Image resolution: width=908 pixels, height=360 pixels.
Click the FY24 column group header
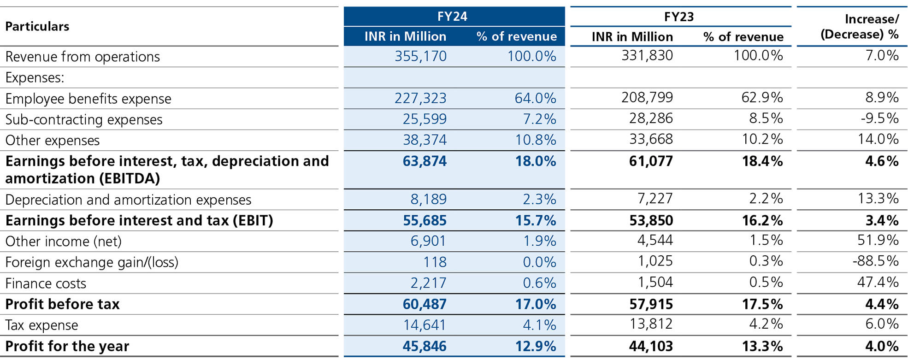(452, 17)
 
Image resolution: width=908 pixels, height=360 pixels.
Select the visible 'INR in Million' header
(405, 36)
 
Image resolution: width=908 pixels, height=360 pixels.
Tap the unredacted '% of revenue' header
(516, 36)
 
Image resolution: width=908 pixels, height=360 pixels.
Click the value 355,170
(420, 56)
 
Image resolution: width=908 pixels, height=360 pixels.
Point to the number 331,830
(647, 56)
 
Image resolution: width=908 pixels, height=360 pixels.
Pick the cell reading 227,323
(420, 98)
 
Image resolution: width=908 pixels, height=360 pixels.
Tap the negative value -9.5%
(879, 118)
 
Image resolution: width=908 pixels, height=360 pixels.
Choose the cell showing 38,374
(425, 140)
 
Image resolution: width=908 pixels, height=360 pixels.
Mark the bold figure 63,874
(424, 161)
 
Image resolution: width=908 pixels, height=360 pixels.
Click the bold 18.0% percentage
(535, 161)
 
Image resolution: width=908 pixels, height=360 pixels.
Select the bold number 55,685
(424, 221)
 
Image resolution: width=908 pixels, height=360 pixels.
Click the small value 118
(435, 262)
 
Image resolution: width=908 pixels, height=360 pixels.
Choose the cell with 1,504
(655, 282)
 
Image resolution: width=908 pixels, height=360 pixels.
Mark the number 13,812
(651, 324)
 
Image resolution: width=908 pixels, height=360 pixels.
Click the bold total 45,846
(424, 346)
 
